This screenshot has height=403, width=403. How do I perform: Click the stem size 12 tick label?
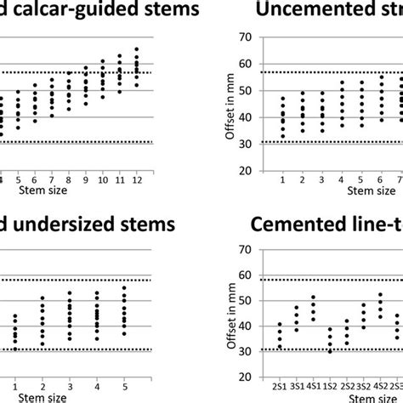pos(136,180)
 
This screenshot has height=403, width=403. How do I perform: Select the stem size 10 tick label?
pos(102,180)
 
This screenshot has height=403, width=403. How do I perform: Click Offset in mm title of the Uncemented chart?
pos(227,103)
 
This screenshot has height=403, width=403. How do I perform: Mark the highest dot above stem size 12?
pos(136,49)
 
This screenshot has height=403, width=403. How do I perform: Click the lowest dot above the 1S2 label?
pos(330,352)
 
